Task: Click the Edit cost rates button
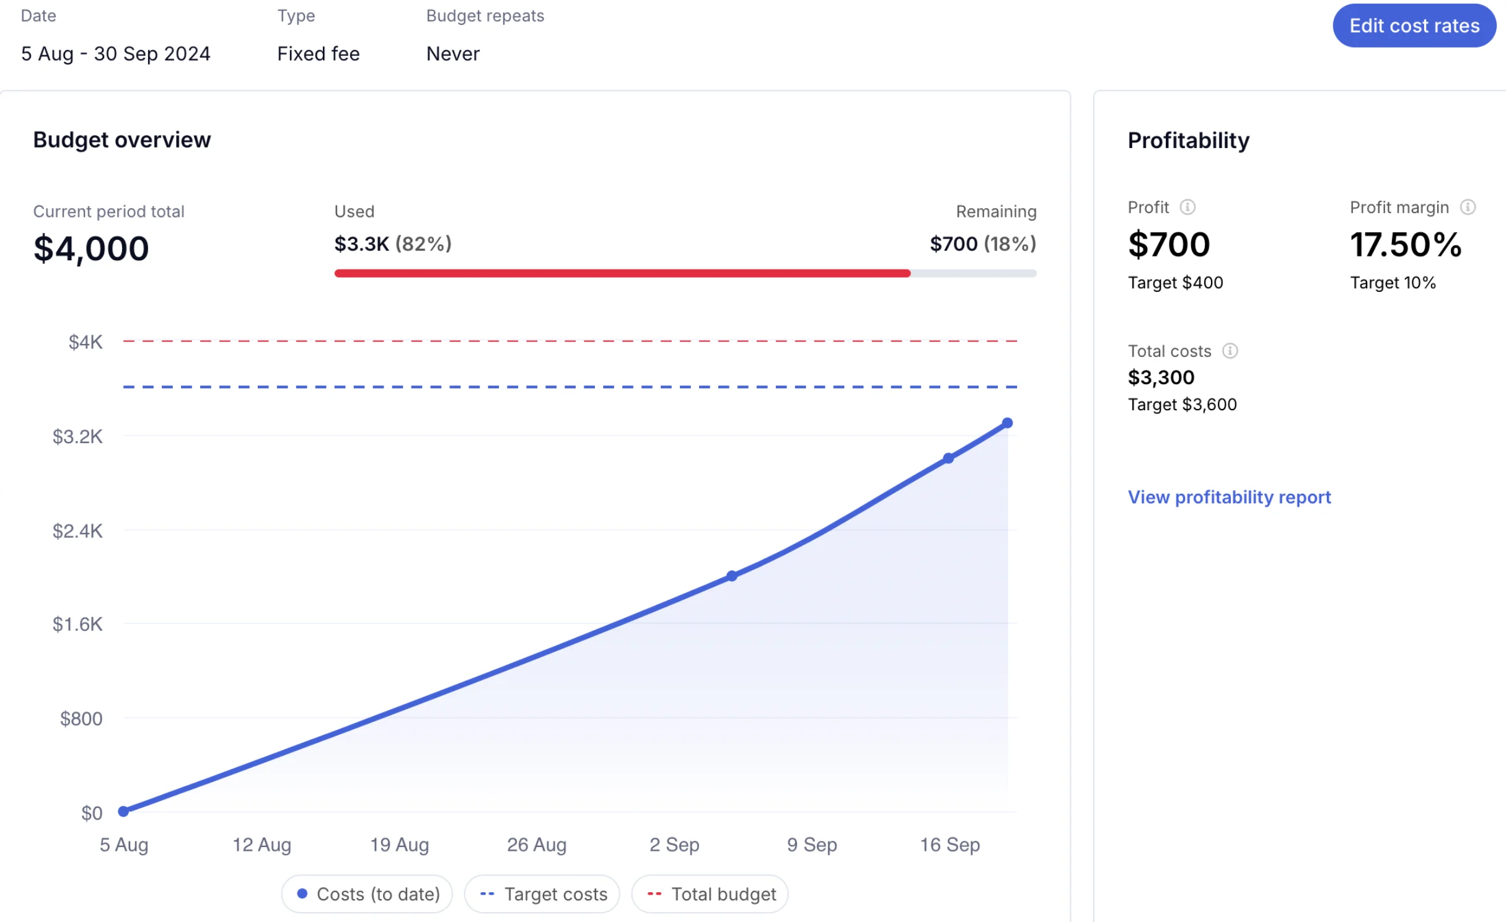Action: click(1414, 26)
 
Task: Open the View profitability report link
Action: click(1229, 497)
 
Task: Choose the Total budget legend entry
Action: click(710, 894)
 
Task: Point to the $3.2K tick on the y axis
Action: click(77, 437)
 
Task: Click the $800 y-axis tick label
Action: click(81, 719)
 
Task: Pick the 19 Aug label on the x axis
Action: click(399, 845)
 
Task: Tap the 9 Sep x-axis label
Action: click(812, 845)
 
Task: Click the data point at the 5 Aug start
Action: click(123, 811)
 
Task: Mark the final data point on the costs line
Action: click(1007, 423)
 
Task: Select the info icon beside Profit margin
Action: click(1468, 207)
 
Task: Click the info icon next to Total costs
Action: click(1230, 351)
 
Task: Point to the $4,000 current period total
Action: click(91, 248)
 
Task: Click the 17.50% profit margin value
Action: click(1406, 245)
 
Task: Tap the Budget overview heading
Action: click(122, 140)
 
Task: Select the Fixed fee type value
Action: click(318, 54)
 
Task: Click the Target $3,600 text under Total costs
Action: click(1182, 405)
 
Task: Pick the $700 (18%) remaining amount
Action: click(983, 244)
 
